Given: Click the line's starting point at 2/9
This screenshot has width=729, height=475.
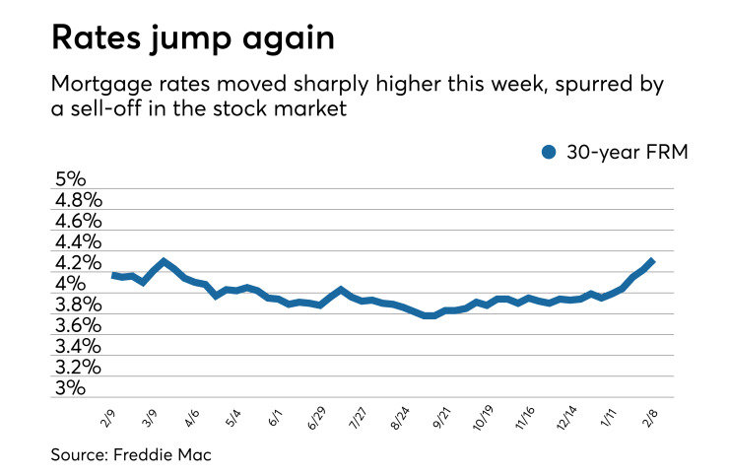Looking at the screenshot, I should coord(114,275).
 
